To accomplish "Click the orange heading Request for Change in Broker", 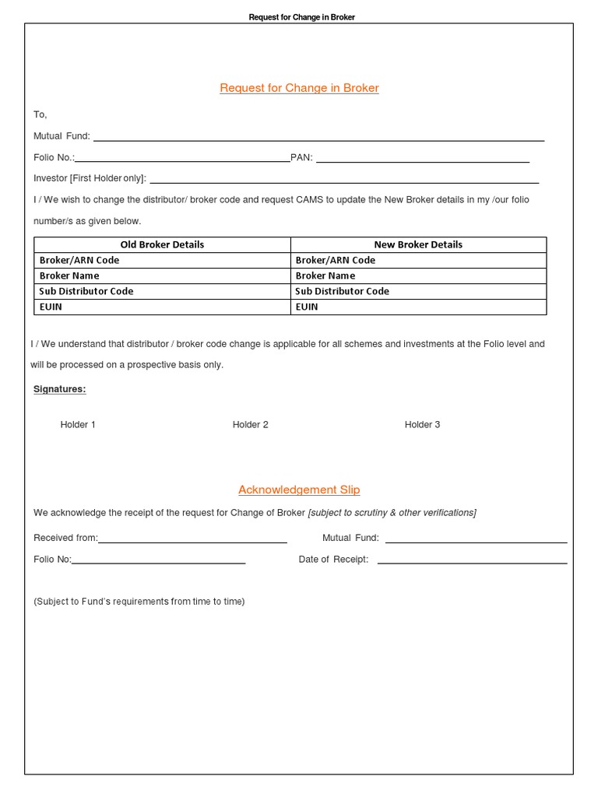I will pos(299,88).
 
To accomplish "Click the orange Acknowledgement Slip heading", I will pos(299,490).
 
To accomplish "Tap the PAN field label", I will pos(301,158).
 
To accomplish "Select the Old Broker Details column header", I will pos(162,244).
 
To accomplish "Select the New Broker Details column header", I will pos(418,244).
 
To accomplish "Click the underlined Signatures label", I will pos(60,389).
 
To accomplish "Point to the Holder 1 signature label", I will pos(78,424).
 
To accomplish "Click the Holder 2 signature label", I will pos(250,424).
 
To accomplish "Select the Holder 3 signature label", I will pos(422,424).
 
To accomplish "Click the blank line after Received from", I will pos(192,540).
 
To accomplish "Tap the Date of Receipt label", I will pos(333,560).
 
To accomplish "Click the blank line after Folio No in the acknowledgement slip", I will pos(159,561).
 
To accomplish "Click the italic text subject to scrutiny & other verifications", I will pos(392,512).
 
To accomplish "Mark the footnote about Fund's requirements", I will pos(139,602).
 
